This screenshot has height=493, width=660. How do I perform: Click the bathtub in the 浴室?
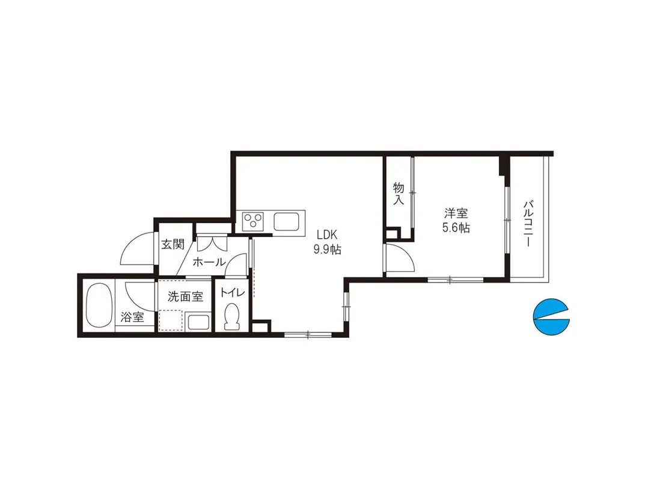point(99,305)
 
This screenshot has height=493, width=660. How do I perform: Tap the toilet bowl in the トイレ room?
point(231,316)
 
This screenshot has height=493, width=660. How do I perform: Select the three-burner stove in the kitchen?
point(254,221)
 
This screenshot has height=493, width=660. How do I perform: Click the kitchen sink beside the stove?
point(286,221)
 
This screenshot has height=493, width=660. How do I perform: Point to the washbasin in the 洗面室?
point(199,322)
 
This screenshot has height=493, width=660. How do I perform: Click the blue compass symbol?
point(551,317)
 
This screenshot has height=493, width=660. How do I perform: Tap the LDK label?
point(327,234)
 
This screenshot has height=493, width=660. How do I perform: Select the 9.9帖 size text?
point(327,250)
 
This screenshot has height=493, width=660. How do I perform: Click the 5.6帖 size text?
point(456,228)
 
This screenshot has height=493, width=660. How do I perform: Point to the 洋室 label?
point(456,213)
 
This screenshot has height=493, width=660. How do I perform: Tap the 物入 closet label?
point(399,193)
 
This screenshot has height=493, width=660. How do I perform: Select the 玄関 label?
point(173,243)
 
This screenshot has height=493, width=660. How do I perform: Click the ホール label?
point(209,262)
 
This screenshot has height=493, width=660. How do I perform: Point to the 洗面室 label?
point(185,296)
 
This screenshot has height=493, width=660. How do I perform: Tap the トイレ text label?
point(232,293)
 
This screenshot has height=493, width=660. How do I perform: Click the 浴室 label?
point(132,317)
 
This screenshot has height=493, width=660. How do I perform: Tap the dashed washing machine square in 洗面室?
point(171,321)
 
